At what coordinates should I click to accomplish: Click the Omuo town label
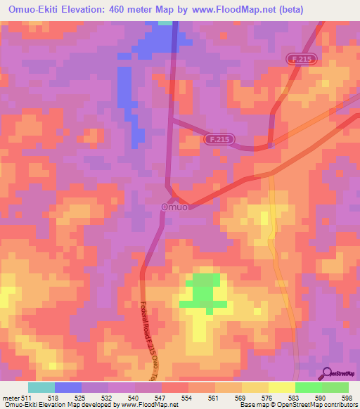click(x=174, y=207)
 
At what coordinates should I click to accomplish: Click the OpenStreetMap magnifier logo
click(x=328, y=374)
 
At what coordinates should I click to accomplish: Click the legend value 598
click(x=346, y=397)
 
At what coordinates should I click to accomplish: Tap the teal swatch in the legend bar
click(x=41, y=387)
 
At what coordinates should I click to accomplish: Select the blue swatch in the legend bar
click(x=68, y=387)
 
